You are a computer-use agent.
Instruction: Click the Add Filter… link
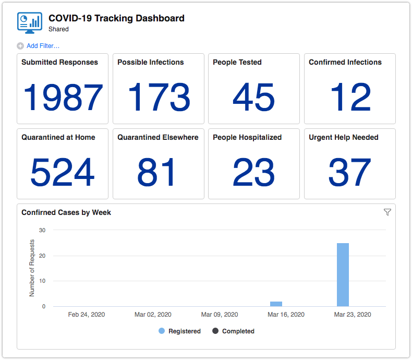(x=43, y=46)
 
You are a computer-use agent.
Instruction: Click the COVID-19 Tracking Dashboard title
(x=116, y=18)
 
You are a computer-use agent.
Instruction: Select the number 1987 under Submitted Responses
(x=63, y=98)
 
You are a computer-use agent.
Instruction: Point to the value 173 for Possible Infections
(x=159, y=98)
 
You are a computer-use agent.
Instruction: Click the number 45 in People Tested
(x=254, y=98)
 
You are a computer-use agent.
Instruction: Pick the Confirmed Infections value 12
(x=350, y=98)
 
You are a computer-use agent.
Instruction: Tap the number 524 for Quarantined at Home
(x=63, y=173)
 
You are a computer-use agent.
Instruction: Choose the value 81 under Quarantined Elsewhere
(x=159, y=173)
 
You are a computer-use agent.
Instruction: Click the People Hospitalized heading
(x=247, y=138)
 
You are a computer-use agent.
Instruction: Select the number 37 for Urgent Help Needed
(x=350, y=173)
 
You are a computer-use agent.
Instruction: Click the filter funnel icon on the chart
(x=387, y=212)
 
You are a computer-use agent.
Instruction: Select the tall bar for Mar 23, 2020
(x=343, y=274)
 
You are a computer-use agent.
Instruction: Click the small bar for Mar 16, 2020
(x=276, y=304)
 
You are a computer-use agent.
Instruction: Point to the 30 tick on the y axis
(x=42, y=230)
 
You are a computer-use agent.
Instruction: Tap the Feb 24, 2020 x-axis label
(x=87, y=315)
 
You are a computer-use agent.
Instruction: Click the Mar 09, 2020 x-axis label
(x=220, y=315)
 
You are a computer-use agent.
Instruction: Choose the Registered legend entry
(x=180, y=331)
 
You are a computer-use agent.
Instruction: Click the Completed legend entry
(x=233, y=331)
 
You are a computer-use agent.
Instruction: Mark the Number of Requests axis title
(x=32, y=268)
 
